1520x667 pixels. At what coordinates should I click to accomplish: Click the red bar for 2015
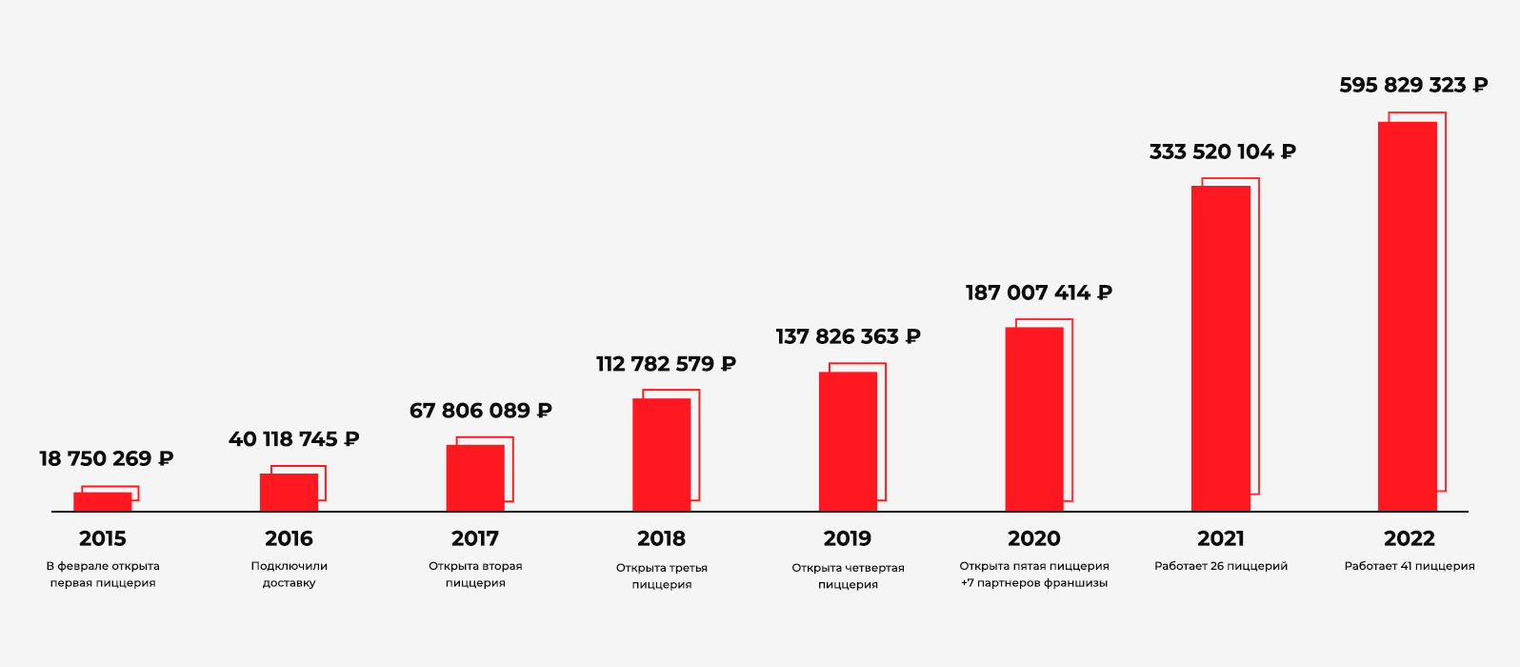click(103, 502)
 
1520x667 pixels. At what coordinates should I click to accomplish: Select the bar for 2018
click(662, 455)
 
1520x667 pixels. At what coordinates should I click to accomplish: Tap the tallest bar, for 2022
click(1408, 316)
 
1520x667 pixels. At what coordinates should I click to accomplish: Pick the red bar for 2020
click(1034, 419)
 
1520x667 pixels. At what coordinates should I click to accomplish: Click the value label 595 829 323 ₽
click(1413, 86)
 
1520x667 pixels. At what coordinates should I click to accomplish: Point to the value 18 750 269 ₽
click(106, 459)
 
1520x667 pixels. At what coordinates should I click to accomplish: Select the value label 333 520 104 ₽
click(1222, 152)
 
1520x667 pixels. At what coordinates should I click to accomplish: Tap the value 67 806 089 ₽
click(480, 411)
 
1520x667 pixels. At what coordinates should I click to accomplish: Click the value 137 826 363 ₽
click(848, 337)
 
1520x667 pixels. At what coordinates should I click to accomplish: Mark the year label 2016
click(289, 539)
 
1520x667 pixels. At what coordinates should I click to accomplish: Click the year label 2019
click(848, 539)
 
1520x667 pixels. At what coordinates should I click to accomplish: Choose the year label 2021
click(1221, 539)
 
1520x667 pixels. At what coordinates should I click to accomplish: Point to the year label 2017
click(475, 539)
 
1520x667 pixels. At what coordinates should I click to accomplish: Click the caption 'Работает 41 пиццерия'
click(1410, 566)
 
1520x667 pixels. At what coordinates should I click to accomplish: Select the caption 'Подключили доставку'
click(289, 575)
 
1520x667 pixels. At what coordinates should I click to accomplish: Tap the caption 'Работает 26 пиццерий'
click(1221, 566)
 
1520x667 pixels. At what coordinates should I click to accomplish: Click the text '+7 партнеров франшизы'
click(1034, 583)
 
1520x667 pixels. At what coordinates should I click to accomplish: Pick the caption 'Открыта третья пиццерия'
click(662, 576)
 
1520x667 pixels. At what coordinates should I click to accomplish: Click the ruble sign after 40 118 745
click(351, 439)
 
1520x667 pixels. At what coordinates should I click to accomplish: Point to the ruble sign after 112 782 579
click(729, 364)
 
